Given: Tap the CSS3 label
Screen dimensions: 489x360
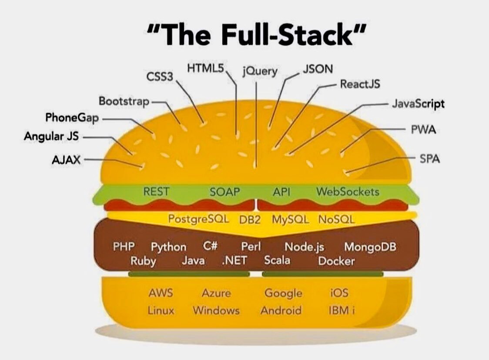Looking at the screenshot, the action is (x=160, y=77).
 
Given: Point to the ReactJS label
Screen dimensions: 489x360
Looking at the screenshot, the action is (x=360, y=84).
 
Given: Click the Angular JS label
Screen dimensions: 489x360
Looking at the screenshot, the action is (x=51, y=136).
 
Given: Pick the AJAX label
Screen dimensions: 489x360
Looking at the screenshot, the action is (x=66, y=160).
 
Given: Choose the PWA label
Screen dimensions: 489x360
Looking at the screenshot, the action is (x=423, y=129).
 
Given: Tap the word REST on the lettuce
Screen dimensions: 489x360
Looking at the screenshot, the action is (x=156, y=191).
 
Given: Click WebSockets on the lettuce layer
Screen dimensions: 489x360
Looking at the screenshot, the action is (x=348, y=191).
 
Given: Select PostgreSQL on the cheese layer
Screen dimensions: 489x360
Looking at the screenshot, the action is (x=199, y=219).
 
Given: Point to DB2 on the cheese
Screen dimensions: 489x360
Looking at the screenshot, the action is (x=250, y=220).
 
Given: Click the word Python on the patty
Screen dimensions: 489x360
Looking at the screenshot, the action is (x=169, y=247).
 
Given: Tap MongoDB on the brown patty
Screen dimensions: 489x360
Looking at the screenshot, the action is (x=370, y=247).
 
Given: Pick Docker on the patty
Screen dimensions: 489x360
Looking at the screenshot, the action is (x=336, y=261).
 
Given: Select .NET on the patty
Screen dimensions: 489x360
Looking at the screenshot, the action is (x=234, y=260).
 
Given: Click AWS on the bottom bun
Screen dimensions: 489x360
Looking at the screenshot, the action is (x=161, y=293).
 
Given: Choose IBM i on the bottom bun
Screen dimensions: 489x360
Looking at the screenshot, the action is (x=342, y=310).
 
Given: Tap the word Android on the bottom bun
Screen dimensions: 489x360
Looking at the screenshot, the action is (x=281, y=310).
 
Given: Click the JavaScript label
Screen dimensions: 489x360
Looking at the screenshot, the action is (x=418, y=104).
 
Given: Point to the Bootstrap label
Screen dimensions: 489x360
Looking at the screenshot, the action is (x=124, y=101).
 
